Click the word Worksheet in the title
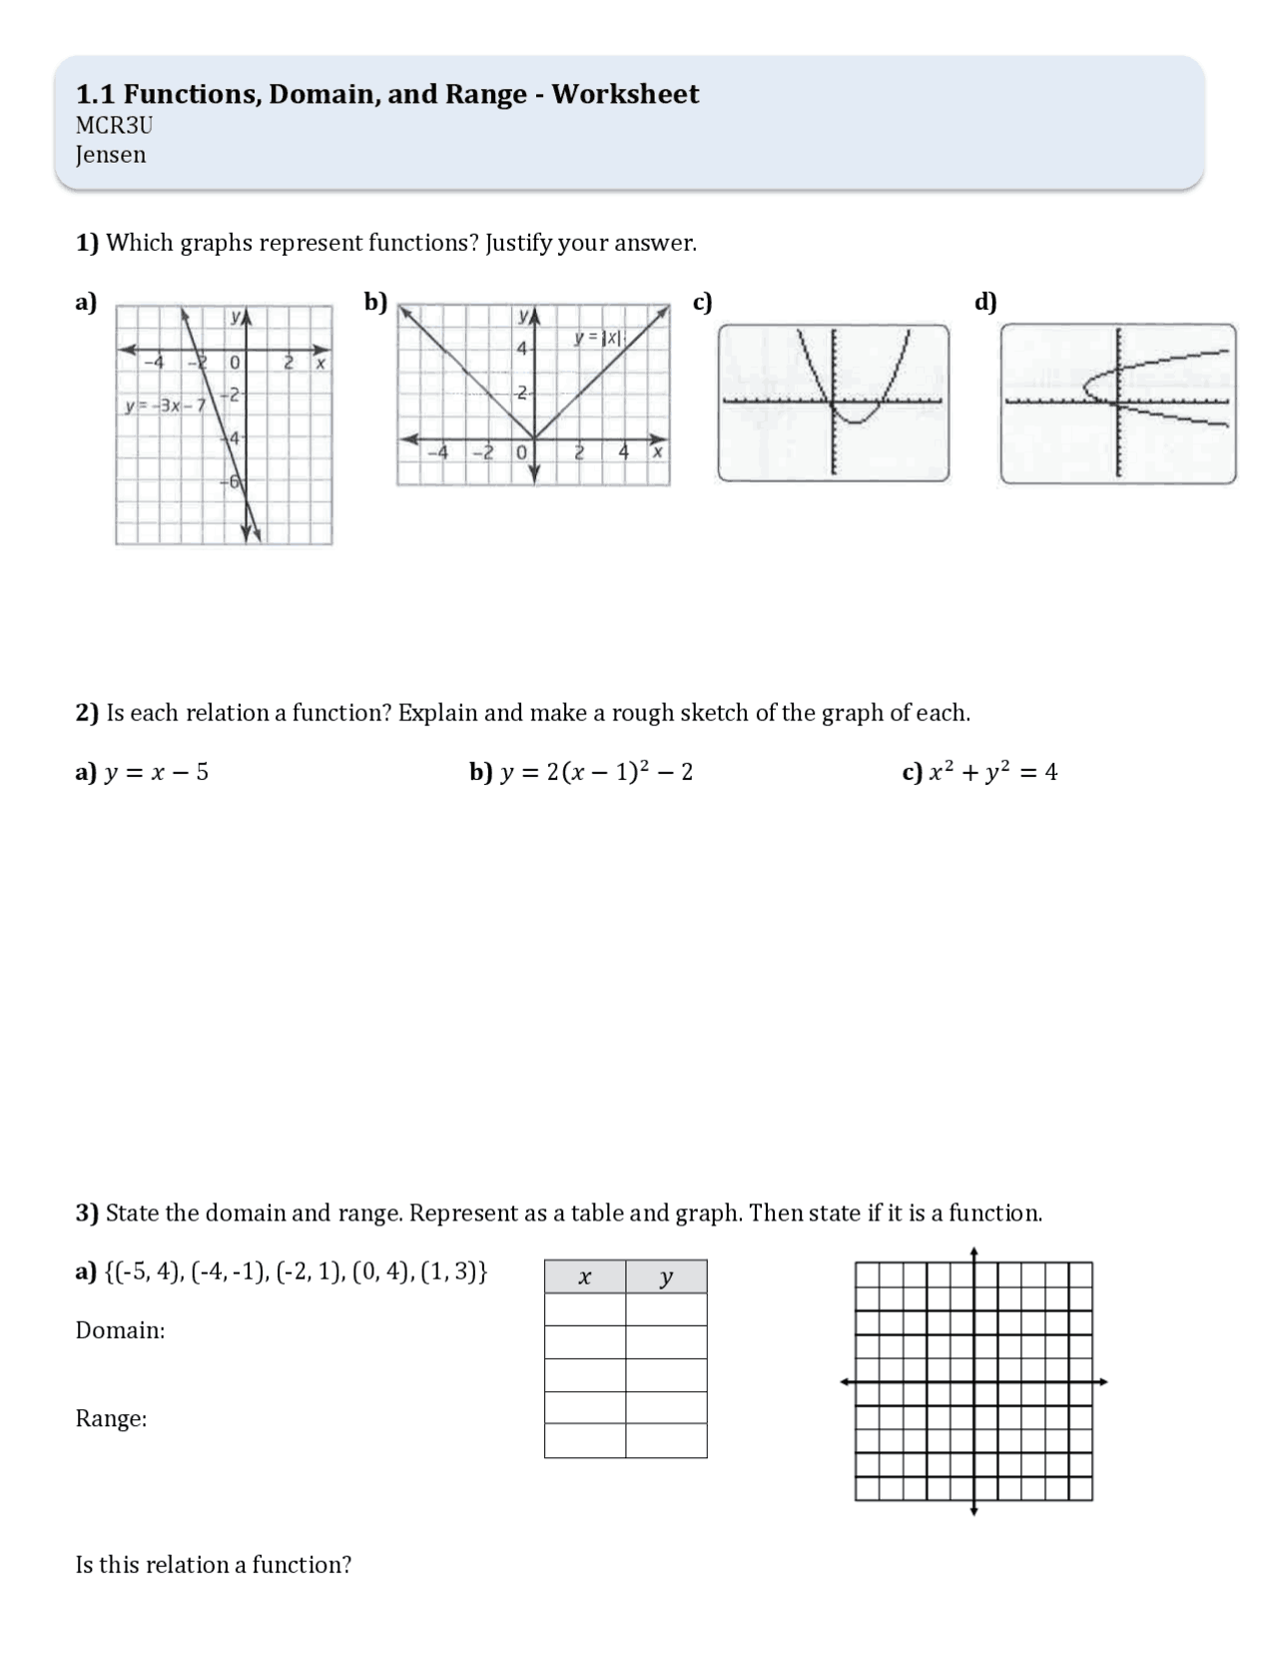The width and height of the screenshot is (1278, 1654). pos(625,94)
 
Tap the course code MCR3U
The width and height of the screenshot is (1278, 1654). pos(114,126)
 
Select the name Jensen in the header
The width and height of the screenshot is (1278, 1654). pos(111,155)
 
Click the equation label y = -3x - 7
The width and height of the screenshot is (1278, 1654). pos(165,407)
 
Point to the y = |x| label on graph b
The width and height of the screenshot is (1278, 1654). pos(598,339)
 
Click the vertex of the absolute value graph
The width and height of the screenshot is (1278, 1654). pos(534,438)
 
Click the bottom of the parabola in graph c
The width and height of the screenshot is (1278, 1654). pos(856,421)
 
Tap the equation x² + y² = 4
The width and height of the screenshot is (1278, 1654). pos(992,772)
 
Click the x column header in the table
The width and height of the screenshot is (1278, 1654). pos(585,1277)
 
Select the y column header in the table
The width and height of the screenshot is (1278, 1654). pos(666,1277)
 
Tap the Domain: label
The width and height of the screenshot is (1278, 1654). pos(120,1330)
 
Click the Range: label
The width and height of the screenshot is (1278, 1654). pos(111,1418)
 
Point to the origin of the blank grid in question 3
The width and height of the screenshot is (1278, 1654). pos(974,1382)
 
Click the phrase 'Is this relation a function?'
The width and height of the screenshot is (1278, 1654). pos(213,1565)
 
